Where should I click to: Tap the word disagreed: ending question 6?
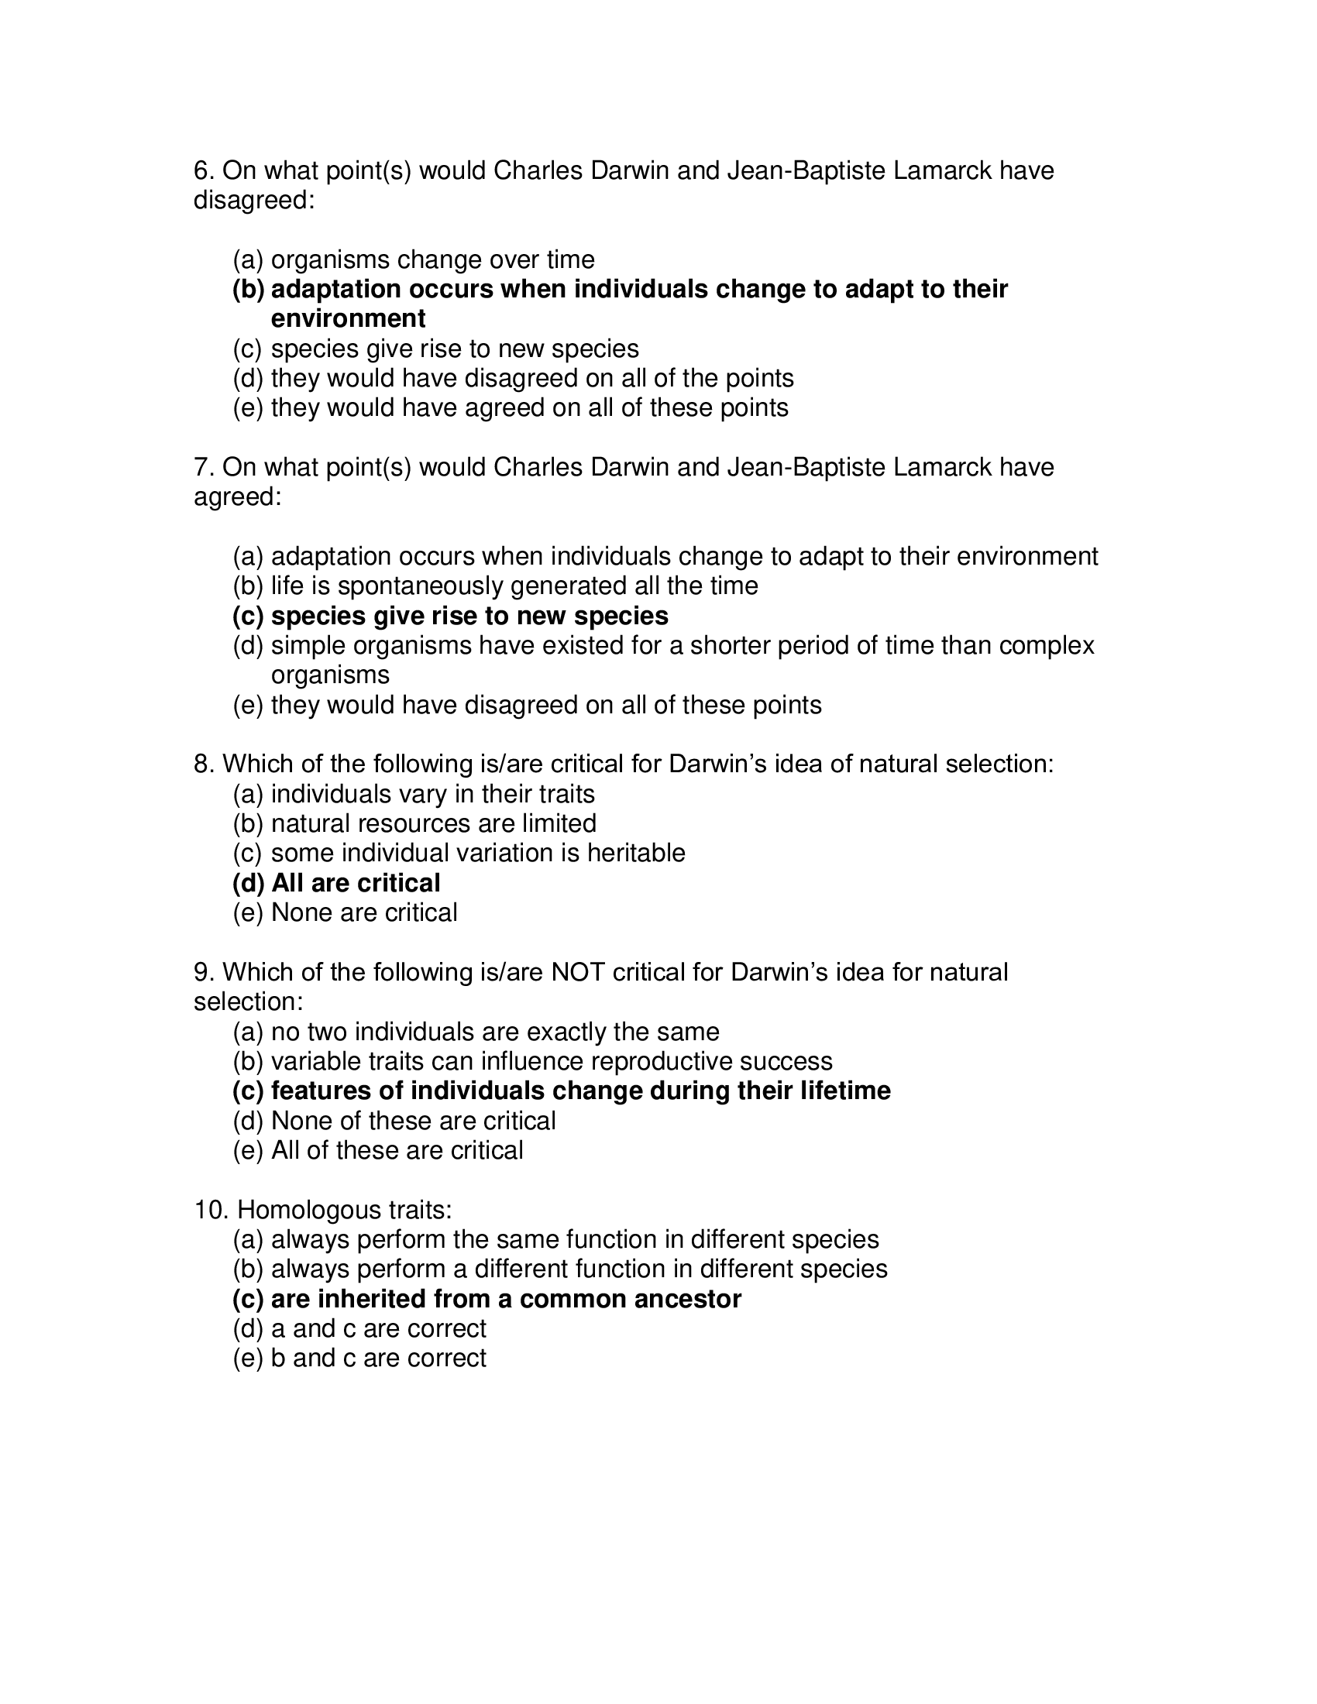tap(253, 201)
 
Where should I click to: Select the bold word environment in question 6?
tap(348, 319)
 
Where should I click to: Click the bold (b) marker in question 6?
tap(248, 290)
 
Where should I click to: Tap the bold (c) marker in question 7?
tap(248, 617)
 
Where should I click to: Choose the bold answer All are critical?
tap(355, 883)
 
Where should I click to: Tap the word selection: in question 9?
tap(248, 1001)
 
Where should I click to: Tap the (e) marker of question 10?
tap(248, 1359)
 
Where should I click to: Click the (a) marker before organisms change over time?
tap(248, 259)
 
